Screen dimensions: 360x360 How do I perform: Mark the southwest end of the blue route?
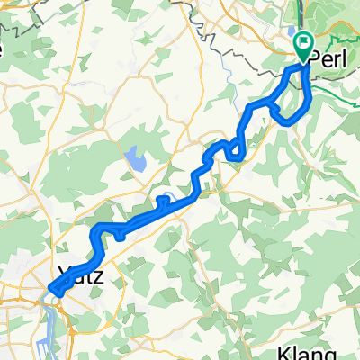click(x=53, y=290)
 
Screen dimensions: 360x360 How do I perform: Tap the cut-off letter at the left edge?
click(x=3, y=49)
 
